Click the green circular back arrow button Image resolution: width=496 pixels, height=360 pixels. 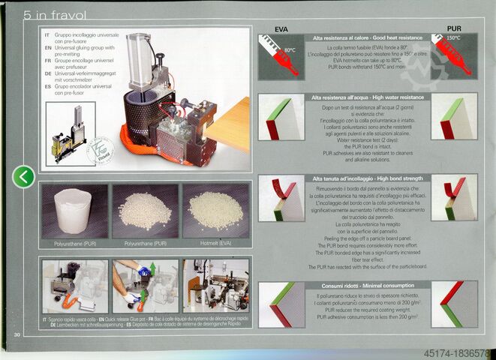pos(24,177)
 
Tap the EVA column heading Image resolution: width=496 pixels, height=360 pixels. pos(282,28)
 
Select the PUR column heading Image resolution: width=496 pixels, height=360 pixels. pos(453,28)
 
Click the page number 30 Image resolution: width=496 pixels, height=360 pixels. pos(16,334)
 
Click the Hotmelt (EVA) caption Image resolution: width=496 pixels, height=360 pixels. pos(215,243)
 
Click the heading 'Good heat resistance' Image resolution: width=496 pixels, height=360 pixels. pos(367,37)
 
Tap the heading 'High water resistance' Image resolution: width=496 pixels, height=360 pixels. pos(367,97)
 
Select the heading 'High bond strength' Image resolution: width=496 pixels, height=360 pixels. pos(367,178)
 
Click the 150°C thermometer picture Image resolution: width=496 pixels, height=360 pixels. pos(453,56)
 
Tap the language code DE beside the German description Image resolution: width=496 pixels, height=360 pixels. pos(47,74)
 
